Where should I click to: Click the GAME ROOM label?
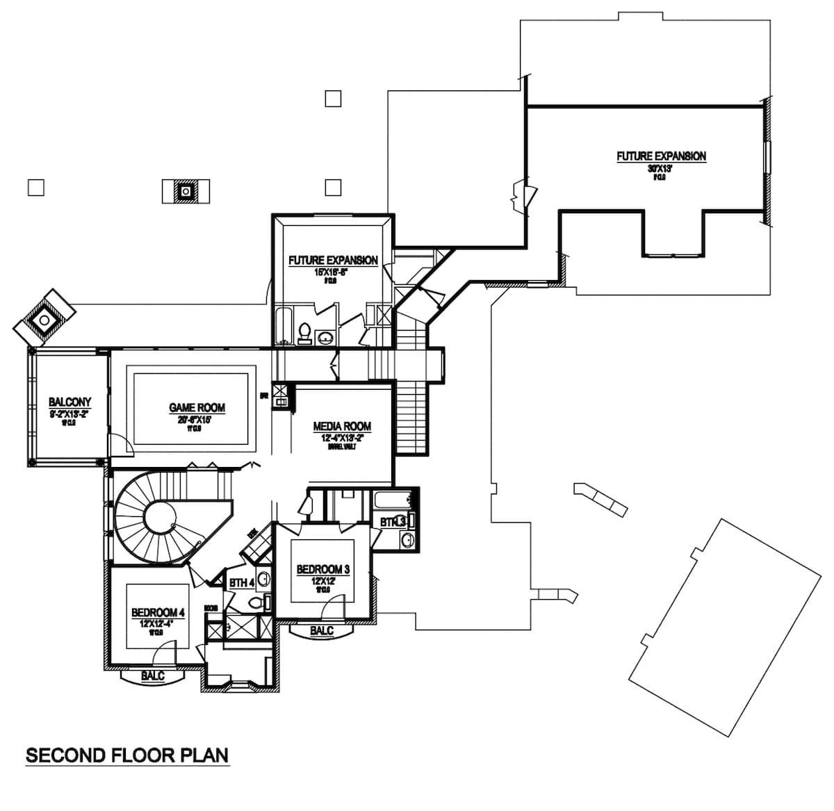coord(197,408)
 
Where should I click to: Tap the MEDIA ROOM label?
coord(341,426)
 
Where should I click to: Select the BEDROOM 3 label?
coord(322,570)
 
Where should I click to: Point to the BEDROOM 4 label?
coord(158,613)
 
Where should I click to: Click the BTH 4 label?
coord(241,582)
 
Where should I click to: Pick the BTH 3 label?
coord(393,522)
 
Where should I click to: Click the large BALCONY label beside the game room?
coord(69,402)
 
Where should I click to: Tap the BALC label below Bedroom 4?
coord(152,675)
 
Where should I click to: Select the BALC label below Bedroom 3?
coord(321,630)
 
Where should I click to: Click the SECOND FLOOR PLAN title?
coord(127,755)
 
